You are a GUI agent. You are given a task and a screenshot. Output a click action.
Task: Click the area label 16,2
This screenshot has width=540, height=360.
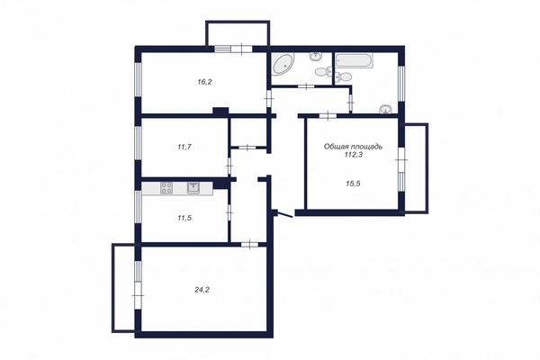tap(204, 82)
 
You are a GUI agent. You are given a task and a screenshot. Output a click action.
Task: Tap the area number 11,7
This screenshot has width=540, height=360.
tap(184, 147)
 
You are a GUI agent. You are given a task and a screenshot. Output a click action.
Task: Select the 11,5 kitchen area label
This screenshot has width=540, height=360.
tap(184, 218)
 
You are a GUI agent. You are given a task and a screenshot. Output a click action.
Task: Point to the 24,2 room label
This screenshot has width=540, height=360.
tap(202, 290)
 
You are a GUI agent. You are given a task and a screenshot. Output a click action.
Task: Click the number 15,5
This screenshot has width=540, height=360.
tap(353, 184)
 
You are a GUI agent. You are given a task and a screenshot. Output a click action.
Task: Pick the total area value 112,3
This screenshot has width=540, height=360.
tap(354, 155)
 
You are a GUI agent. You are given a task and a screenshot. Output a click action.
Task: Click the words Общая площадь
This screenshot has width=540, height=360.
tap(353, 147)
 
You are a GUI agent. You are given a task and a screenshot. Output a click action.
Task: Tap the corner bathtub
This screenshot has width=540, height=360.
tap(283, 64)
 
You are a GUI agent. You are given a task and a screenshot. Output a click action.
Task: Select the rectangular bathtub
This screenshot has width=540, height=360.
tap(354, 60)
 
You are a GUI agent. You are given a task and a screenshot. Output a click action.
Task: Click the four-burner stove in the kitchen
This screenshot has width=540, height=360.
tap(166, 188)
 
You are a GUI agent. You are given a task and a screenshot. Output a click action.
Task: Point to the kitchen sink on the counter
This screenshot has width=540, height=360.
tap(193, 188)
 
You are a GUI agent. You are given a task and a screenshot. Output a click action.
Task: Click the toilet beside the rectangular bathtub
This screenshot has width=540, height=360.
tap(343, 76)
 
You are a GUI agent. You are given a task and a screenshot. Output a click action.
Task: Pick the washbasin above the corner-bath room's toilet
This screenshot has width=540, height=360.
tap(316, 56)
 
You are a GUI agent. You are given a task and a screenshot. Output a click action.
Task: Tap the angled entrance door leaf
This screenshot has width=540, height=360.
tap(284, 214)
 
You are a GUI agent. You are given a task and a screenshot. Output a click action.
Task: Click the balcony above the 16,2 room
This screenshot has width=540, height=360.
tap(238, 33)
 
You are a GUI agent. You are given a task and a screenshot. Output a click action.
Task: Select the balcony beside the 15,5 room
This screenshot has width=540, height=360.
tap(417, 168)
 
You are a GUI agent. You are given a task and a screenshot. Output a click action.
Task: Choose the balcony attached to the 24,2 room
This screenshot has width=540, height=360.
tap(124, 288)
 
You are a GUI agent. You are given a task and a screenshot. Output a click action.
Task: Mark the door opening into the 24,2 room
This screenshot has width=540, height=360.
tap(249, 245)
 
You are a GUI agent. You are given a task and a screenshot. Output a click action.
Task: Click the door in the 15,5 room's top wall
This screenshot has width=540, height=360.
tap(328, 116)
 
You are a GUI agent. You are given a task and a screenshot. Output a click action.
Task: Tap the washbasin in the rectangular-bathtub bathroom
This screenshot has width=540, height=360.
tap(385, 109)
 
